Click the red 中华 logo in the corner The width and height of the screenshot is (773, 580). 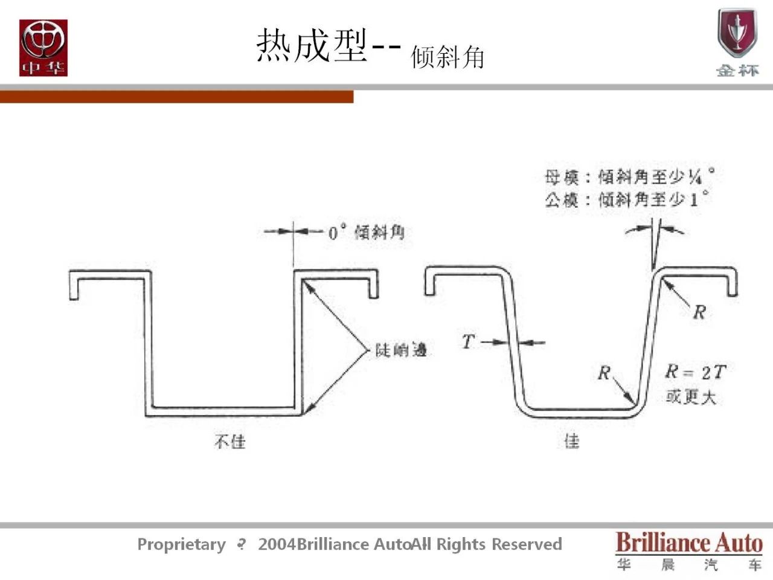(x=43, y=48)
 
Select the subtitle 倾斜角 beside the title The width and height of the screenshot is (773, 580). (x=447, y=57)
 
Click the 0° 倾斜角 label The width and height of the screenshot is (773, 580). (x=366, y=232)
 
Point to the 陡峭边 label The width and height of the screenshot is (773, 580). (x=401, y=350)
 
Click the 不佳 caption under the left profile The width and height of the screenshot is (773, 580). (x=230, y=442)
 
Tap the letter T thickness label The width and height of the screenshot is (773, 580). (x=468, y=342)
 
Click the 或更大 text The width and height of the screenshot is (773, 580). (x=691, y=397)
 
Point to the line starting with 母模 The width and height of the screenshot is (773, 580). (x=628, y=177)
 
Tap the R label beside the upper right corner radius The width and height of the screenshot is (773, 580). (x=699, y=312)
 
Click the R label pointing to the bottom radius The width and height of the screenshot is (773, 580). (x=604, y=373)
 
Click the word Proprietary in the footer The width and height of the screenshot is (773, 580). (x=181, y=544)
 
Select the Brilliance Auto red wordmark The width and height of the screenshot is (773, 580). (x=689, y=543)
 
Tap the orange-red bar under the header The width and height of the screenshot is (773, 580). (x=176, y=97)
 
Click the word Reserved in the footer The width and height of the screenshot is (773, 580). (x=527, y=544)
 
